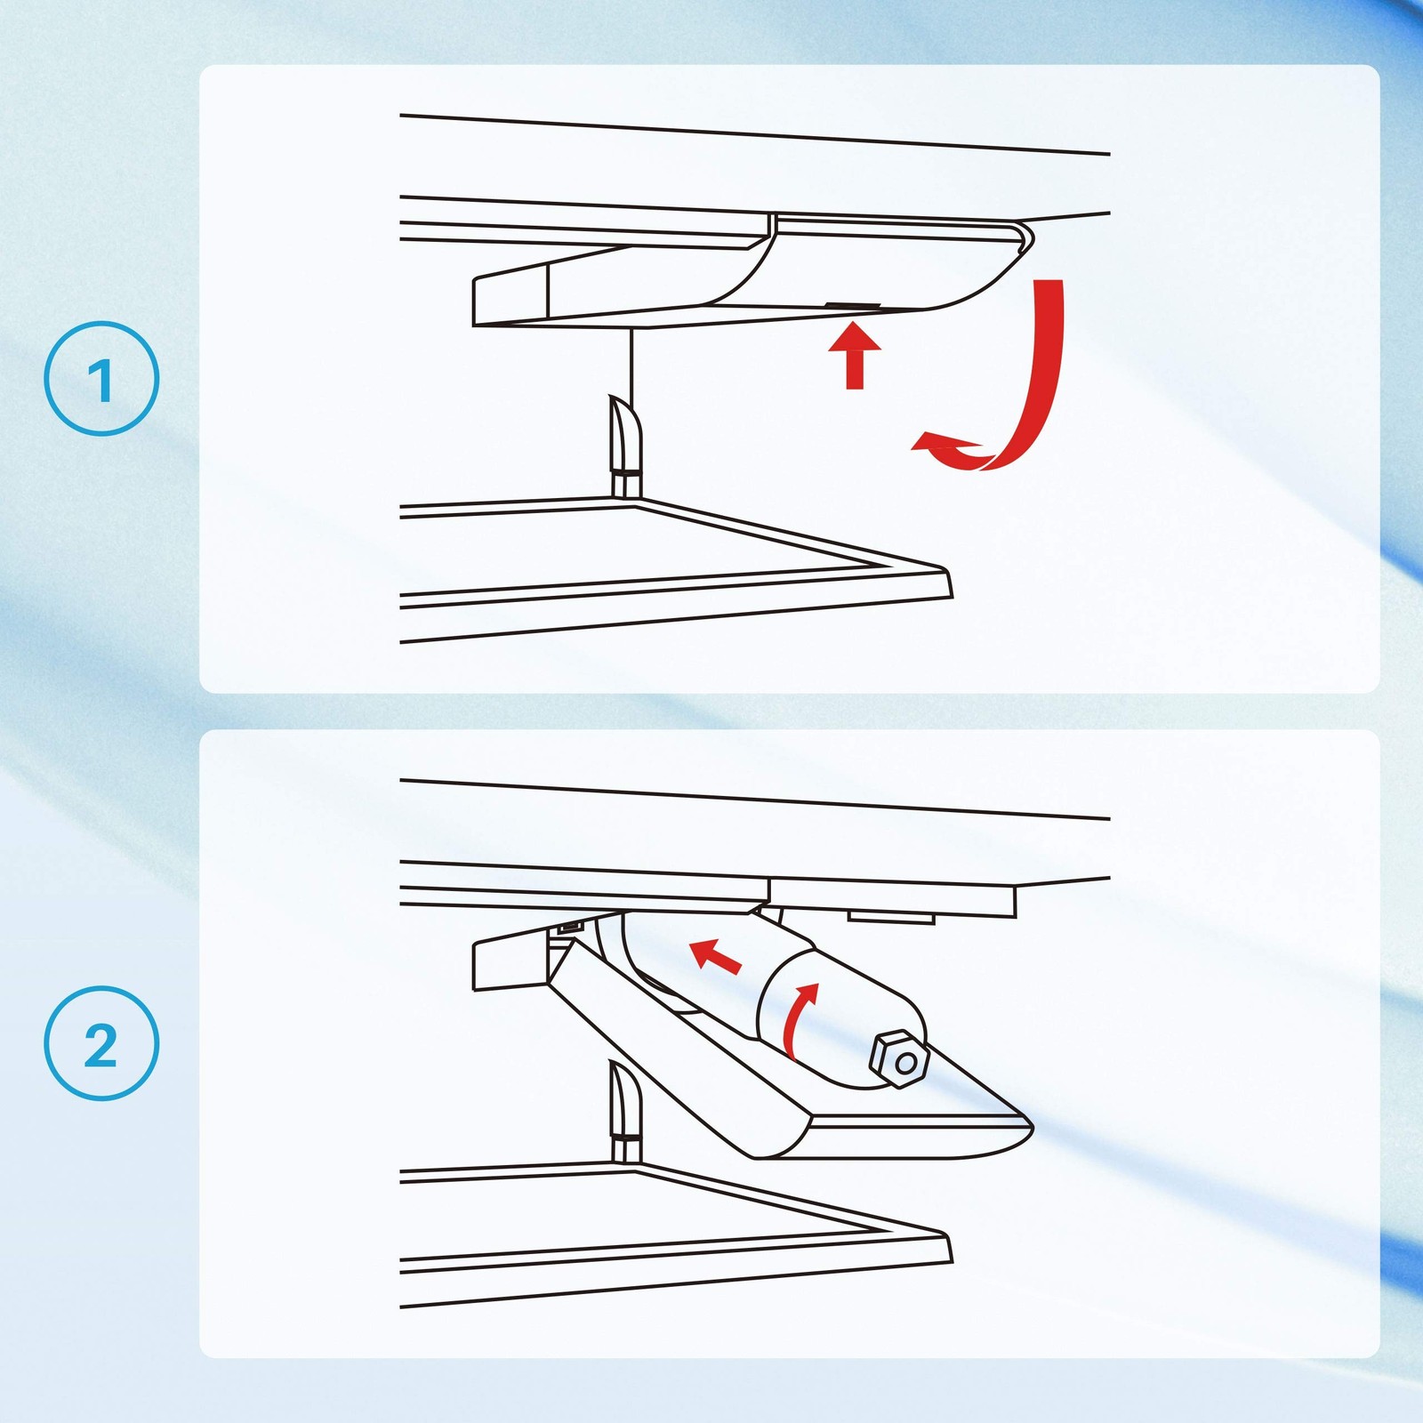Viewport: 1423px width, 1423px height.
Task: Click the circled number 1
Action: pyautogui.click(x=101, y=379)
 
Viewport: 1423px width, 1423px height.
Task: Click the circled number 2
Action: pyautogui.click(x=101, y=1043)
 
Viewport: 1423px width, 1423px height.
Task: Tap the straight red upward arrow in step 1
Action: pyautogui.click(x=855, y=356)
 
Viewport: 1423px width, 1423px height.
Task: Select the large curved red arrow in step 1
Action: pyautogui.click(x=1032, y=391)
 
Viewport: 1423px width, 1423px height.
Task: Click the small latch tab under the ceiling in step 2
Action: pyautogui.click(x=890, y=917)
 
